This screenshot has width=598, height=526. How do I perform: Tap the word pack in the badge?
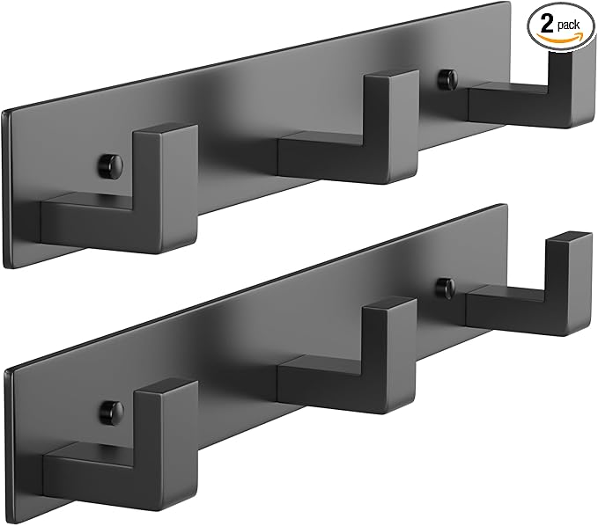click(x=568, y=26)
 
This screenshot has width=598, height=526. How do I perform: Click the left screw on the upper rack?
click(x=111, y=164)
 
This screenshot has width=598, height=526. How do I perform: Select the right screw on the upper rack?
click(x=447, y=79)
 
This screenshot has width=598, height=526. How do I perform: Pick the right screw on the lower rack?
click(x=446, y=287)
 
